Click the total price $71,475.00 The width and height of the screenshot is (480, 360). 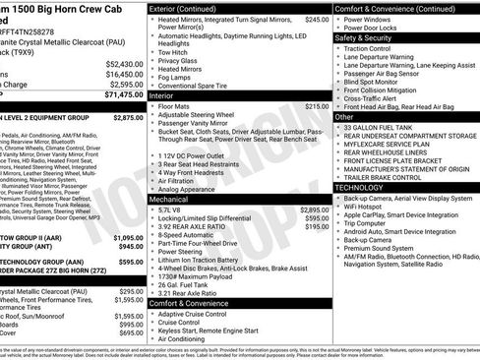[118, 96]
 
